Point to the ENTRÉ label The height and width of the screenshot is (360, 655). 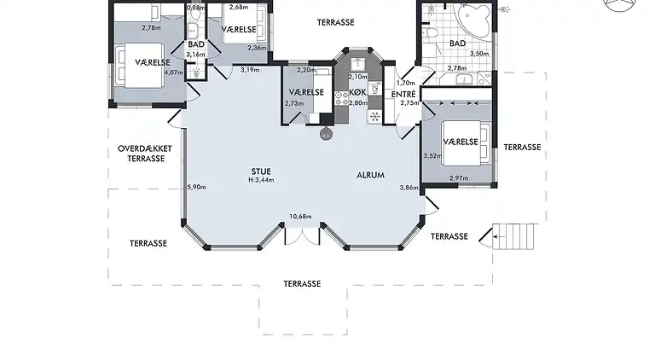403,93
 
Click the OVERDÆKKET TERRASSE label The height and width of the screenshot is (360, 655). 146,154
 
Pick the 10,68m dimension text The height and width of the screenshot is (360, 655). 301,217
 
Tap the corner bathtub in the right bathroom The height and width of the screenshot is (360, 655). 471,19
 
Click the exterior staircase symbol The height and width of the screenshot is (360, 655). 513,235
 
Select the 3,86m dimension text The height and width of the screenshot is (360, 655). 409,188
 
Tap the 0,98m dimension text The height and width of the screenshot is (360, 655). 195,7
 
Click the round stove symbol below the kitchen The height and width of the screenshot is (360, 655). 325,133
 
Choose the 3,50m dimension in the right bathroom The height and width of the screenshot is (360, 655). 481,53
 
